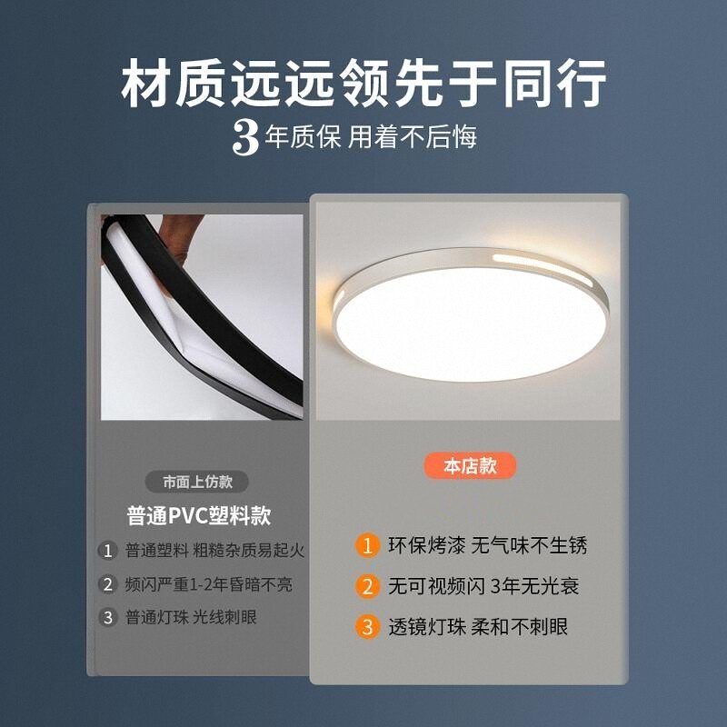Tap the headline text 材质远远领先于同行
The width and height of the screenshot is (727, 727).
coord(363,85)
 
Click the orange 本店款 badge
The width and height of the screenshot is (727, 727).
coord(470,466)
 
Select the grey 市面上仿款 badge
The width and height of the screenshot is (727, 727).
coord(197,482)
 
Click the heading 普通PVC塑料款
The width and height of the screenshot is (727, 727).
coord(199,516)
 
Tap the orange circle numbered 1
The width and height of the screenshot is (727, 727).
coord(366,545)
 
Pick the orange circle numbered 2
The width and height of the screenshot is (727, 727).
coord(366,586)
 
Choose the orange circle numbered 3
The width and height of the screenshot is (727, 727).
coord(366,627)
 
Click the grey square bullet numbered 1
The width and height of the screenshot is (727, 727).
coord(108,551)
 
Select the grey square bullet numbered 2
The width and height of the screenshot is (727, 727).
coord(108,584)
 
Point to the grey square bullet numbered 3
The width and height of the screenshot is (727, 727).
coord(108,618)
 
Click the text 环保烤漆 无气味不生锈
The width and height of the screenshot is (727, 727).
coord(488,545)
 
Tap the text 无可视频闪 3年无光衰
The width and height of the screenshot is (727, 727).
coord(483,586)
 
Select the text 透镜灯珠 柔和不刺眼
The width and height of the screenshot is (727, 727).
coord(479,627)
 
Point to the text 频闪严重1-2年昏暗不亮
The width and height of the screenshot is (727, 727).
coord(209,584)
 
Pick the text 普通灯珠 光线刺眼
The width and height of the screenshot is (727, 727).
coord(191,618)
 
